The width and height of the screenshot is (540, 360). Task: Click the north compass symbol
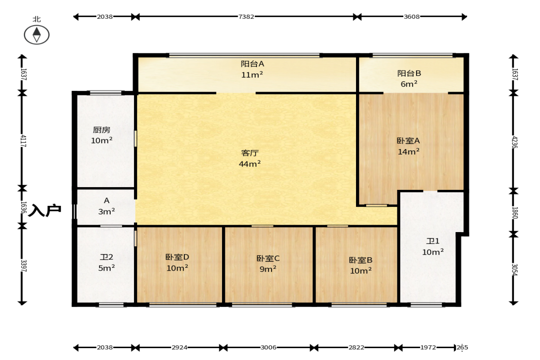[x=37, y=35]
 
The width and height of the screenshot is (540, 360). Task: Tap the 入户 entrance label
[x=45, y=210]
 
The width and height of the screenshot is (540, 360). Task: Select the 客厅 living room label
[x=250, y=153]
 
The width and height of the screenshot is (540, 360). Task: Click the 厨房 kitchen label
[x=101, y=130]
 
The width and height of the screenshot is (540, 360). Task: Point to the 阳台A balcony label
[x=252, y=64]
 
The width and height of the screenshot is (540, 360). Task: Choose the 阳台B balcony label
[x=409, y=73]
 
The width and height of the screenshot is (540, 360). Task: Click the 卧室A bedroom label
[x=408, y=140]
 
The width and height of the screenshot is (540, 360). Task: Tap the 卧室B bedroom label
[x=361, y=260]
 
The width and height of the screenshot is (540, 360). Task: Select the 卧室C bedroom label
[x=268, y=258]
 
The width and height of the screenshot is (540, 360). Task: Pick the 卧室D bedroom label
[x=178, y=257]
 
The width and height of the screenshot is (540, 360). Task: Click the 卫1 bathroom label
[x=433, y=241]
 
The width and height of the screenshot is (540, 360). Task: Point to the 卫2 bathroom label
[x=106, y=257]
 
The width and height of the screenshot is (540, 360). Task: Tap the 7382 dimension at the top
[x=246, y=17]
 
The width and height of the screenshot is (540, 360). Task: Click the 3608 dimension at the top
[x=412, y=17]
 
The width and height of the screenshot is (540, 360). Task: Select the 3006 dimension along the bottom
[x=268, y=347]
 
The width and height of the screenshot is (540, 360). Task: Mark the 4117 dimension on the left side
[x=23, y=141]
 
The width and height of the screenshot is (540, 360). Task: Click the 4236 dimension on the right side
[x=514, y=142]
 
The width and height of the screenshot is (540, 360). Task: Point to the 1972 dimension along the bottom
[x=428, y=347]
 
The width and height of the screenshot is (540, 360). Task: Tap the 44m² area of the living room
[x=250, y=163]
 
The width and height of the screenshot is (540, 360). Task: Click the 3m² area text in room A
[x=106, y=211]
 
